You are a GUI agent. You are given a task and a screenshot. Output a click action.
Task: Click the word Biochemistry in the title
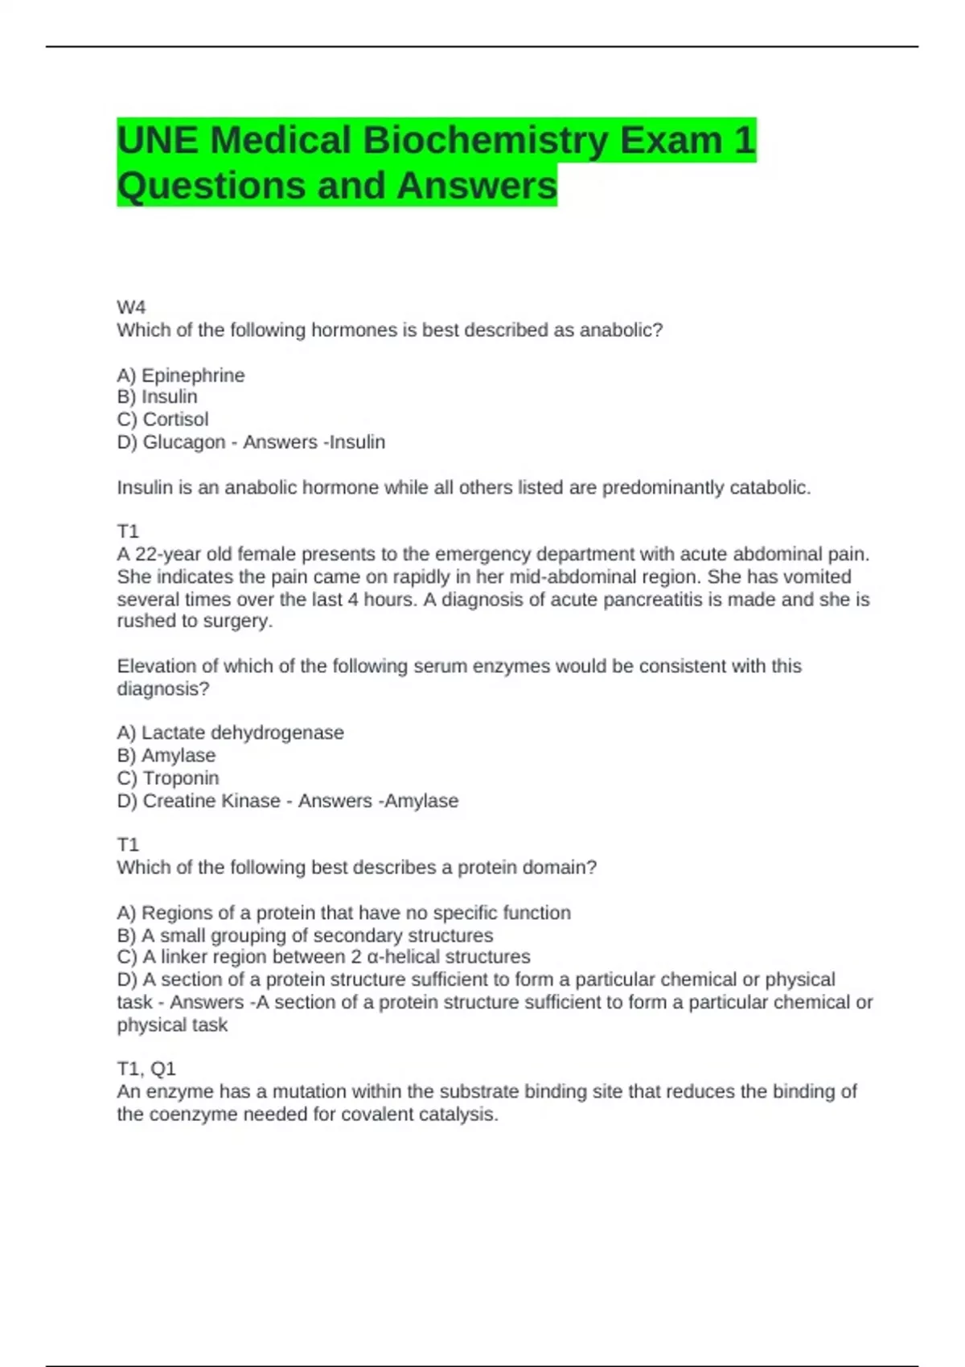pyautogui.click(x=486, y=141)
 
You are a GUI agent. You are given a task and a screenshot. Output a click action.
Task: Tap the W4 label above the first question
pyautogui.click(x=131, y=307)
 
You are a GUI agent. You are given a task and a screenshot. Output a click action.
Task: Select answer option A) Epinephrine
pyautogui.click(x=181, y=376)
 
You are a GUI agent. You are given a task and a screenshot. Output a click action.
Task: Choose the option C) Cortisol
pyautogui.click(x=162, y=420)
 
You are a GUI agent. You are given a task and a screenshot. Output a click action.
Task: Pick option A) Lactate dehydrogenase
pyautogui.click(x=230, y=733)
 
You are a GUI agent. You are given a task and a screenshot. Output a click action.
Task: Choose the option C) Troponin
pyautogui.click(x=168, y=778)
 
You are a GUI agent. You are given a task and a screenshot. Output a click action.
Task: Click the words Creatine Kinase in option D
pyautogui.click(x=211, y=801)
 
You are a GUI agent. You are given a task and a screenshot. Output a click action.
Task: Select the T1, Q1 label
pyautogui.click(x=146, y=1069)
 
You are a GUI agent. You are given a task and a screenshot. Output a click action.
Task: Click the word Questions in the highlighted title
pyautogui.click(x=211, y=186)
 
